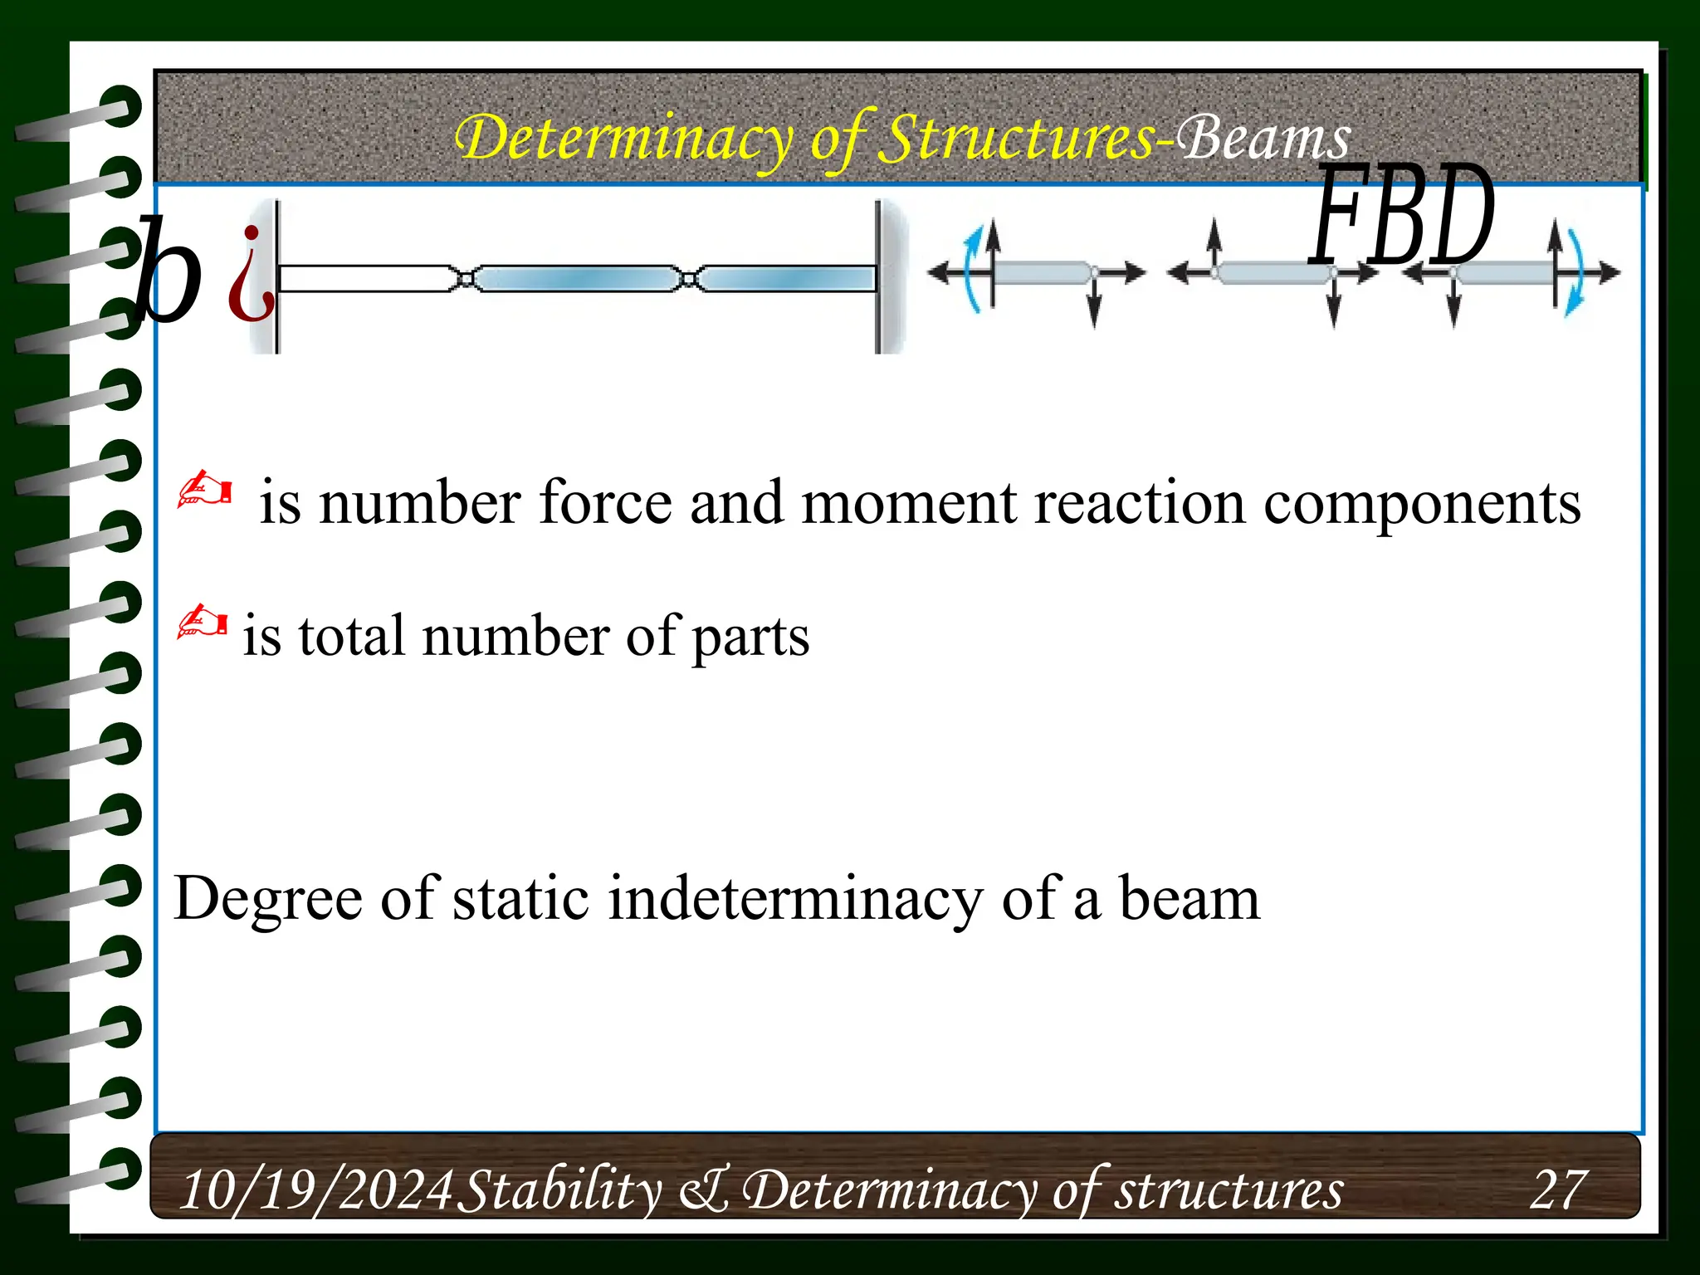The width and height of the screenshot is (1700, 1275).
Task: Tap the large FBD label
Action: click(1401, 217)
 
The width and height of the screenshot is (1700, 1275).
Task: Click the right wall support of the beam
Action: click(889, 276)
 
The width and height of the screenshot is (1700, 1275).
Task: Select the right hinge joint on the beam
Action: click(688, 278)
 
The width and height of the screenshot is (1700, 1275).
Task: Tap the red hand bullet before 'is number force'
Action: click(204, 491)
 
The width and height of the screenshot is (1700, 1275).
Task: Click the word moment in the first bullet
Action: click(908, 503)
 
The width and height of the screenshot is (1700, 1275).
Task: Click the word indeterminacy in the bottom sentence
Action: click(795, 899)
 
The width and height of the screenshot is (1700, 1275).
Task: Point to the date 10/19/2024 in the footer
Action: click(315, 1190)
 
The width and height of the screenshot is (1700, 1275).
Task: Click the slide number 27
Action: click(1558, 1190)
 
